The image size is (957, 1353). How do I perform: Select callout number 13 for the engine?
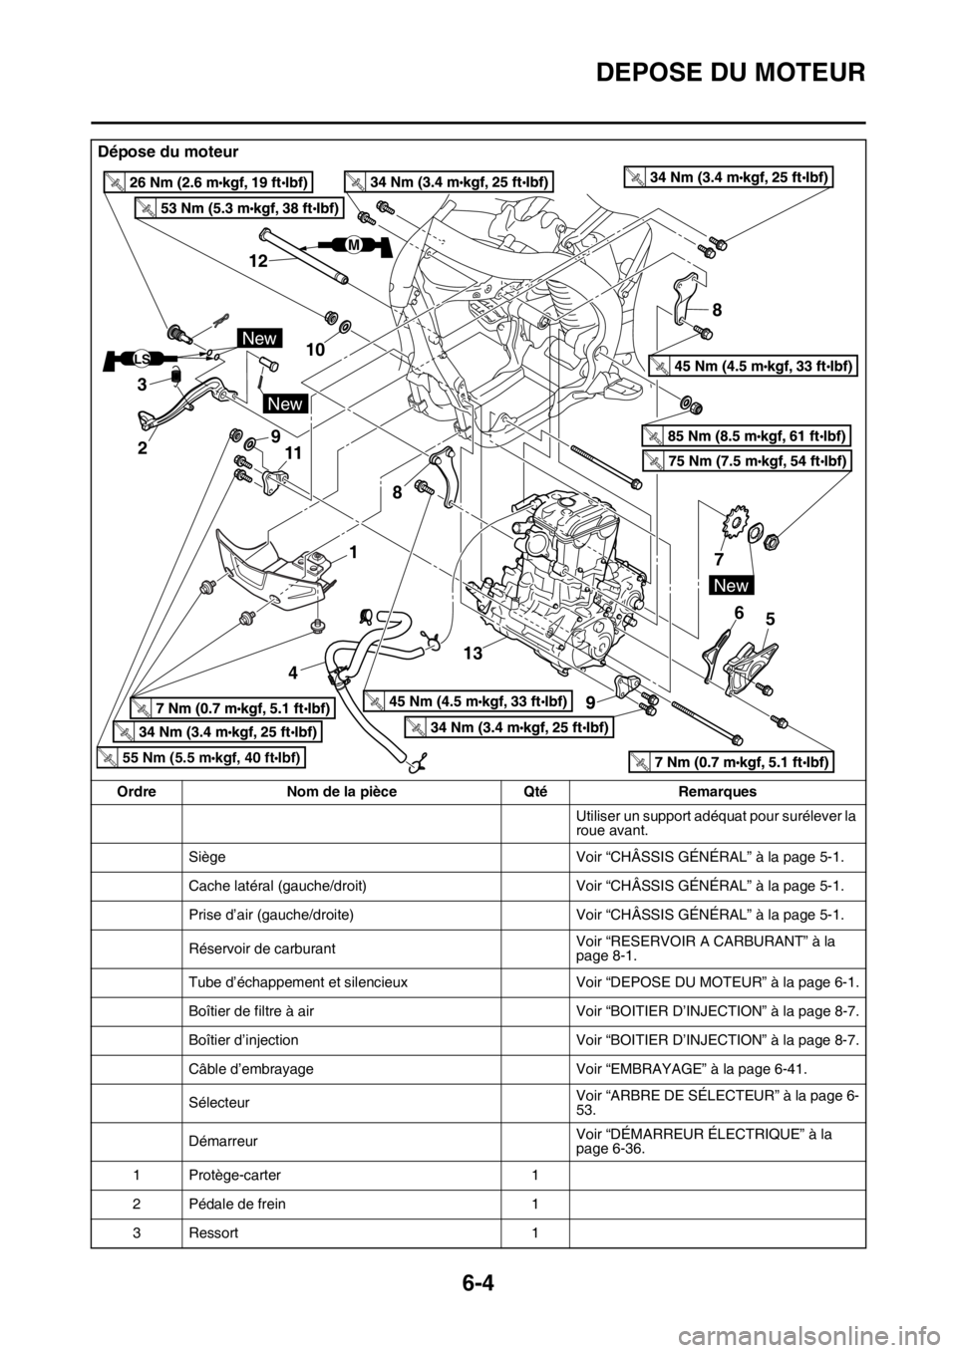point(473,656)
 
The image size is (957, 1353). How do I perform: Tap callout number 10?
point(316,351)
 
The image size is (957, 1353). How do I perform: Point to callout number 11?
point(291,452)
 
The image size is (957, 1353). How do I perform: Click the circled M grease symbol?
point(352,244)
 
